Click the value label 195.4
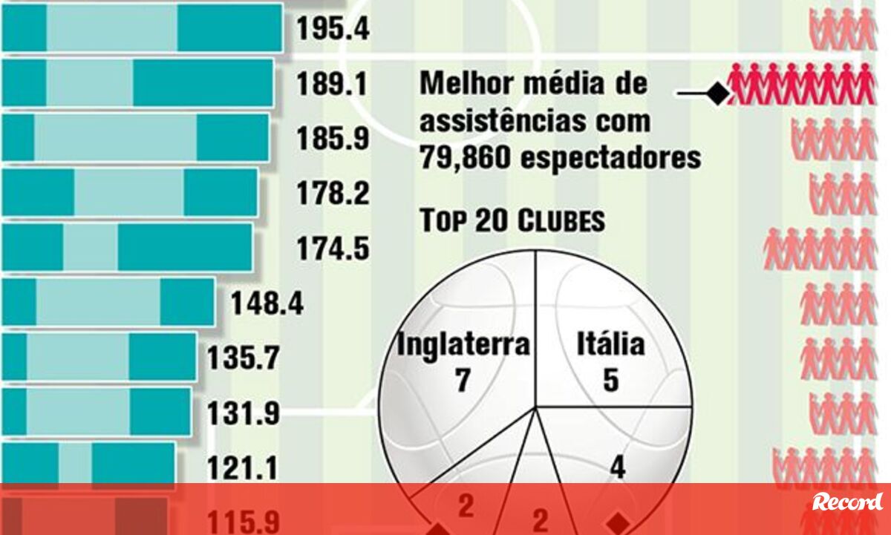[333, 29]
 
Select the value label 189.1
[333, 85]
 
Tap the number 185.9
[333, 139]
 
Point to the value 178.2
[333, 194]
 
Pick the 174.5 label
[333, 249]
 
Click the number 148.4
[267, 303]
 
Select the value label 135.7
[243, 358]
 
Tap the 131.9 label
[243, 413]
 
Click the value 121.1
[243, 468]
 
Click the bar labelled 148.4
[108, 303]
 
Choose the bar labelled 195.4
[142, 28]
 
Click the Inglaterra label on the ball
[463, 345]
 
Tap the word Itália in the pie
[610, 345]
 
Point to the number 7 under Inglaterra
[463, 381]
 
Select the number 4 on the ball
[617, 468]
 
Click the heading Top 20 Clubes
[512, 221]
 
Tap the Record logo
[847, 502]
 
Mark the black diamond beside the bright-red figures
[717, 93]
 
